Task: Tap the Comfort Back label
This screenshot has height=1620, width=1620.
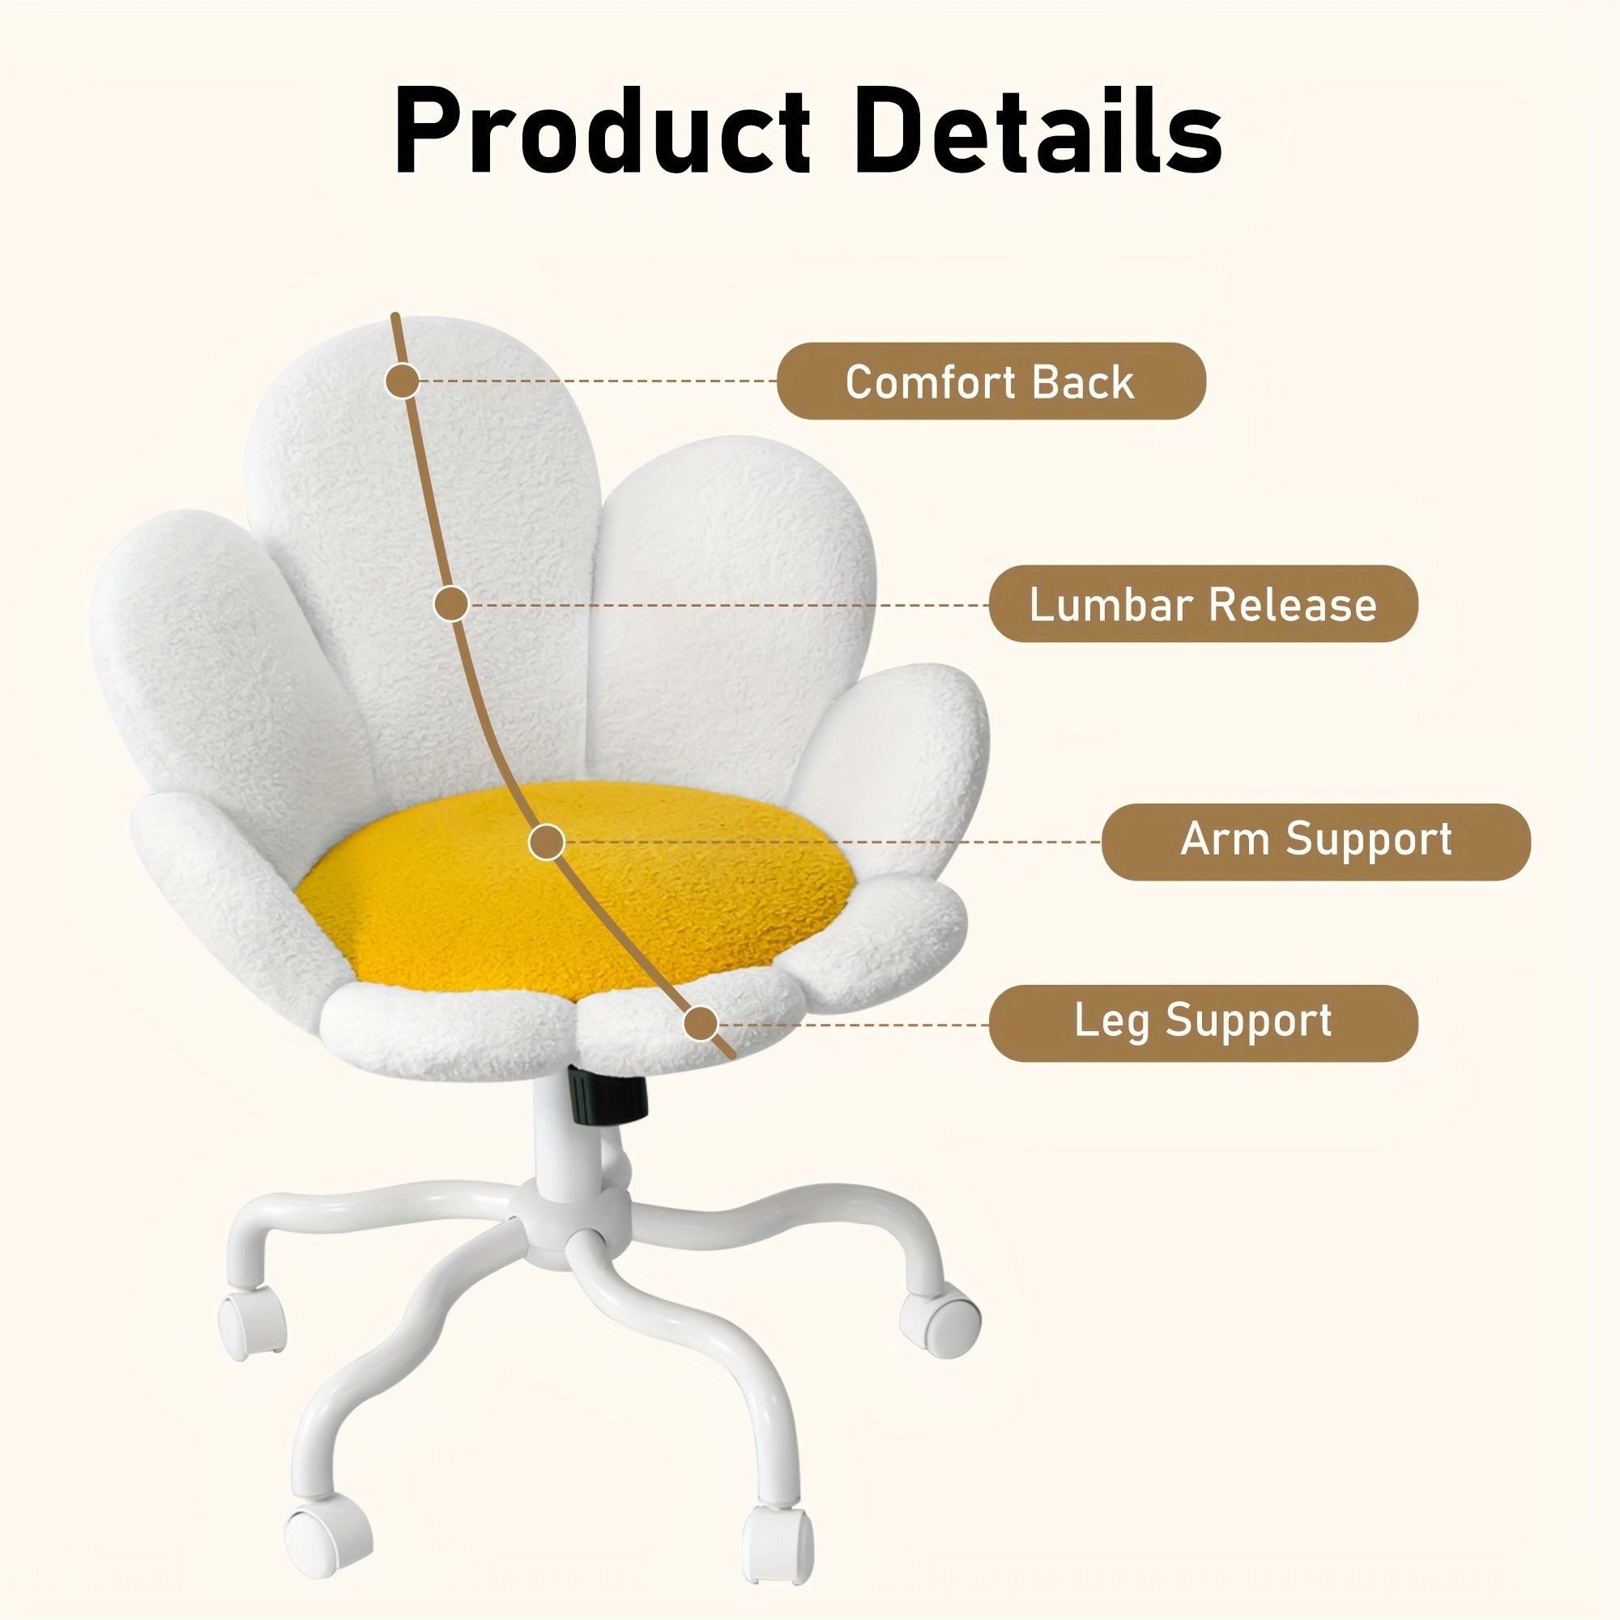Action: [x=991, y=382]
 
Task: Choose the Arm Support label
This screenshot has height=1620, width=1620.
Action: [x=1315, y=840]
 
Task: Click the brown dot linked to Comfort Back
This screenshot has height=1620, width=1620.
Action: [x=403, y=382]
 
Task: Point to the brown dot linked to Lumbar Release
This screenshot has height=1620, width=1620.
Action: [x=451, y=603]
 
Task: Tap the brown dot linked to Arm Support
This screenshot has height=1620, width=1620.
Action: [x=547, y=842]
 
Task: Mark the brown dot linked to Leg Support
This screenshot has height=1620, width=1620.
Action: [x=701, y=1023]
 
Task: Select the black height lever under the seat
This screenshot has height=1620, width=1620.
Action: [x=609, y=1094]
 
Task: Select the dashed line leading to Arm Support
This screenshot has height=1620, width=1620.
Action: [x=830, y=842]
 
